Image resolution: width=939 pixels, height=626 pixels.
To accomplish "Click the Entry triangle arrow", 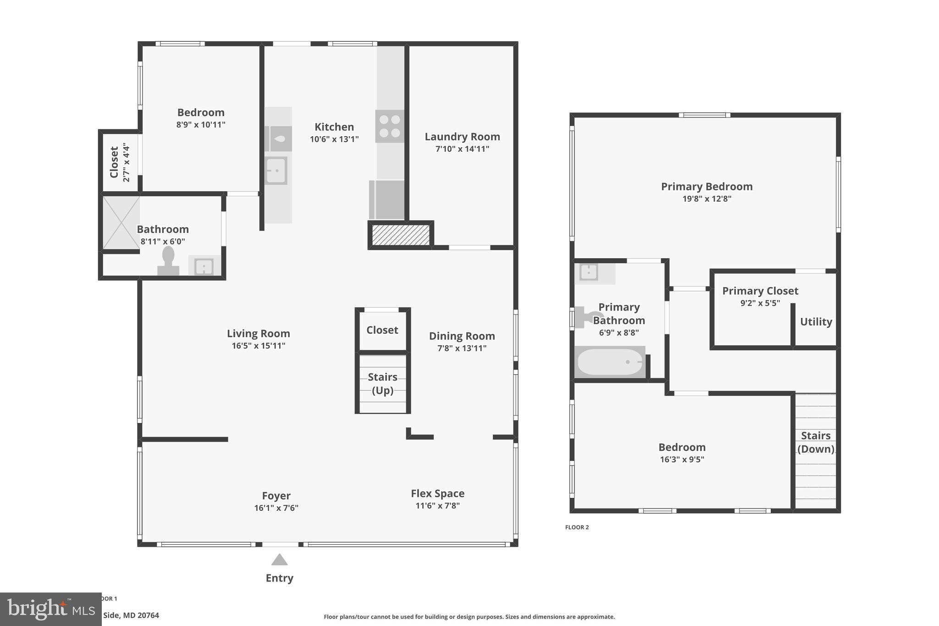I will pyautogui.click(x=279, y=560).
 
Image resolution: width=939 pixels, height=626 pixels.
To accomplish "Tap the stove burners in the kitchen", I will pyautogui.click(x=390, y=126).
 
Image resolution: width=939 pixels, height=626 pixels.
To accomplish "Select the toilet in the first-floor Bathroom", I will pyautogui.click(x=168, y=261).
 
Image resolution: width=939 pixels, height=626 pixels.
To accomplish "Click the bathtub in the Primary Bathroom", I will pyautogui.click(x=609, y=362).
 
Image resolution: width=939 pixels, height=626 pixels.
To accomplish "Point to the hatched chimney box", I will pyautogui.click(x=400, y=235).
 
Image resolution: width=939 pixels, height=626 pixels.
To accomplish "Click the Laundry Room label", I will pyautogui.click(x=462, y=137).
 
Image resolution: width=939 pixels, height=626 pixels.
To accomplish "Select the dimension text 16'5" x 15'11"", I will pyautogui.click(x=258, y=346).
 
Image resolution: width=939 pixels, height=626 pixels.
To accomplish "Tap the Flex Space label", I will pyautogui.click(x=437, y=493).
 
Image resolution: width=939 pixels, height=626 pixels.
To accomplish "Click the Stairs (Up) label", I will pyautogui.click(x=382, y=383).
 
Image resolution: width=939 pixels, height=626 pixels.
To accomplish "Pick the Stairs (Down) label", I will pyautogui.click(x=816, y=442).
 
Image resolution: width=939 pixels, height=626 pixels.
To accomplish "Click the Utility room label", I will pyautogui.click(x=816, y=322).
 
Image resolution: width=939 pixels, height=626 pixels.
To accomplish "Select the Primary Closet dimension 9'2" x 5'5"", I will pyautogui.click(x=760, y=303).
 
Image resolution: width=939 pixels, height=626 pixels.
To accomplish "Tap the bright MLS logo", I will pyautogui.click(x=50, y=609).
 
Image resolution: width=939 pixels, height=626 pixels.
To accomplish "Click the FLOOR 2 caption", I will pyautogui.click(x=577, y=527).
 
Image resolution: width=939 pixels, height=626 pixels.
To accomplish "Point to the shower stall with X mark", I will pyautogui.click(x=121, y=222).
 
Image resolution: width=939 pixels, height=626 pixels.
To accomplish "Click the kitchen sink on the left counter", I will pyautogui.click(x=276, y=171).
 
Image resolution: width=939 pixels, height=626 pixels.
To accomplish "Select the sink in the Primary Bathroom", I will pyautogui.click(x=588, y=272).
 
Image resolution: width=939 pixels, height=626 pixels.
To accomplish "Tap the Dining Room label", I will pyautogui.click(x=462, y=336).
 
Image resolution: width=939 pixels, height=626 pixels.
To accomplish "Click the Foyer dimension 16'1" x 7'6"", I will pyautogui.click(x=276, y=508).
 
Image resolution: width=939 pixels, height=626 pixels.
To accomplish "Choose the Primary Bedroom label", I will pyautogui.click(x=707, y=187).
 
